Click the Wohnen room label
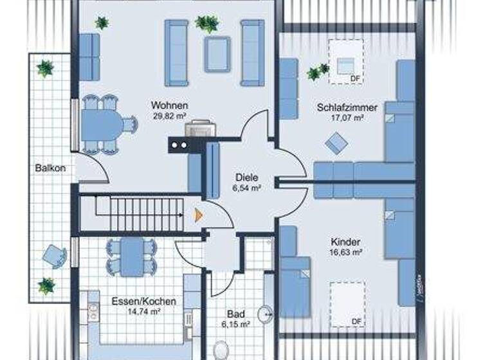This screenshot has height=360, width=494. click(x=169, y=105)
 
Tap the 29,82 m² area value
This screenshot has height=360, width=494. click(x=169, y=116)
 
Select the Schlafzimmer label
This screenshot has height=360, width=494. click(x=347, y=107)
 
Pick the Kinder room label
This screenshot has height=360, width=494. click(x=345, y=242)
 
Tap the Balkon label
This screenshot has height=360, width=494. click(x=46, y=168)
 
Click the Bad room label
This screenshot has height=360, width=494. click(x=235, y=314)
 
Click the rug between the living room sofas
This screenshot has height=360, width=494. click(x=217, y=54)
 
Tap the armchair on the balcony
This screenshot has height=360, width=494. click(x=54, y=256)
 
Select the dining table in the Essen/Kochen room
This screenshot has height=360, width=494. click(x=132, y=256)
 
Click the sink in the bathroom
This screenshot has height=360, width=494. click(x=265, y=314)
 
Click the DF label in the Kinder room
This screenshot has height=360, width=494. click(x=355, y=321)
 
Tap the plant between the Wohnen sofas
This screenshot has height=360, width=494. click(x=207, y=24)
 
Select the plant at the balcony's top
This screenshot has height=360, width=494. click(x=44, y=67)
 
